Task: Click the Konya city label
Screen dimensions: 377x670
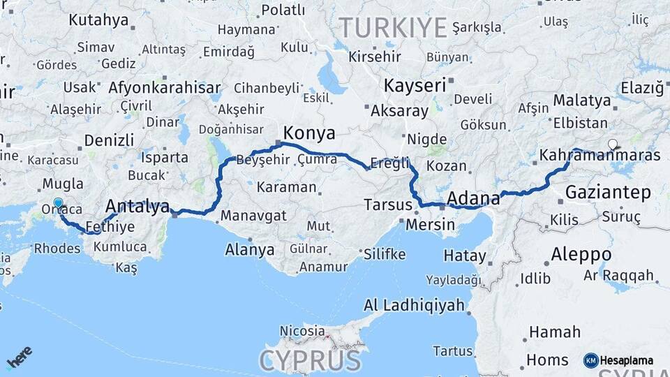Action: tap(309, 133)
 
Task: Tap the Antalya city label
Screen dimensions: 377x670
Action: tap(137, 207)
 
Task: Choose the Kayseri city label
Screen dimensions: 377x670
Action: tap(414, 86)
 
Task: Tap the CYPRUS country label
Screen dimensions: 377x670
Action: tap(311, 360)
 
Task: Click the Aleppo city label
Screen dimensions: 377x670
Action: tap(581, 254)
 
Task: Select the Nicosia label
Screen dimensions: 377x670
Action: tap(301, 330)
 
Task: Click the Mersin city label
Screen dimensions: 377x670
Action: tap(430, 225)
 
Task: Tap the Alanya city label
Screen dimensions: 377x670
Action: tap(249, 250)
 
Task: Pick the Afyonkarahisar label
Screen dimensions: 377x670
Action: tap(164, 89)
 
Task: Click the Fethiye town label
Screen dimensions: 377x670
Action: tap(110, 227)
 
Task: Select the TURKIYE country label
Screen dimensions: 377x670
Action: tap(393, 28)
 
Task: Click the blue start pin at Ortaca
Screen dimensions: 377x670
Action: tap(57, 205)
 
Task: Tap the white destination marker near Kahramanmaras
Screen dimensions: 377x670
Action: tap(613, 145)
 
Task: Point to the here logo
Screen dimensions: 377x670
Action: tap(20, 357)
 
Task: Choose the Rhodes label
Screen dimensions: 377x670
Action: tap(57, 247)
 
